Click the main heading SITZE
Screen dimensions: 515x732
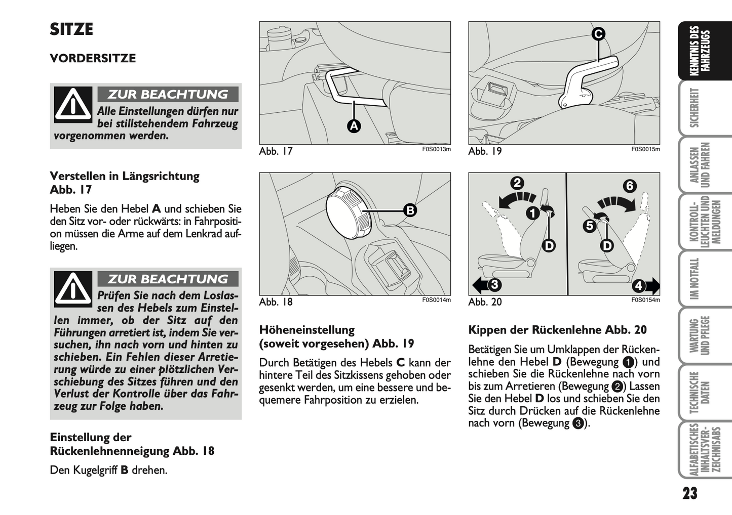[x=71, y=29]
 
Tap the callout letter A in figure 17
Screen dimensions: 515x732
[x=354, y=126]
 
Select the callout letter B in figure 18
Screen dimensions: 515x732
[x=410, y=210]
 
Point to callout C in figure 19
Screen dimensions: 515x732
[x=598, y=34]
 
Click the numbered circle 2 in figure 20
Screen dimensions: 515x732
[x=517, y=183]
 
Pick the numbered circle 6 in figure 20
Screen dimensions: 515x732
[x=629, y=186]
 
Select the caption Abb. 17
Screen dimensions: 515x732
[x=276, y=151]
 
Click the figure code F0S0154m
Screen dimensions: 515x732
[x=645, y=300]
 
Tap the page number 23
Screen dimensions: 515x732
[x=689, y=494]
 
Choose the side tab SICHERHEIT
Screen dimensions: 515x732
[x=695, y=108]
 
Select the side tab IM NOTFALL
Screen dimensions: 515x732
[x=695, y=279]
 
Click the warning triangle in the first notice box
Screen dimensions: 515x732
[x=73, y=105]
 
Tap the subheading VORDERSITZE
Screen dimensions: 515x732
[x=93, y=58]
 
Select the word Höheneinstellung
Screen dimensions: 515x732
[x=307, y=330]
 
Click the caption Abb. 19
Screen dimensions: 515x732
[x=485, y=151]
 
